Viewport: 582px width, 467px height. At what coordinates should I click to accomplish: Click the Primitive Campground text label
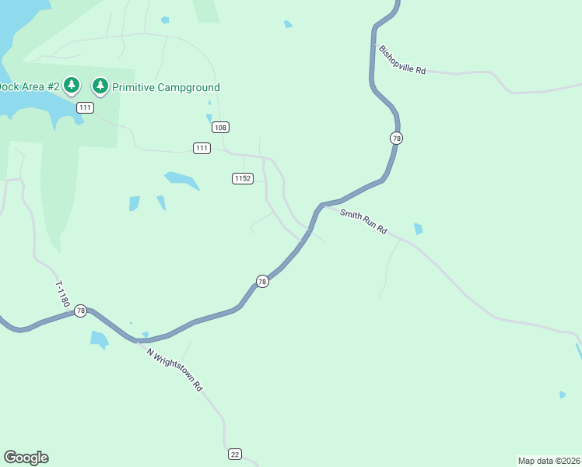coord(166,88)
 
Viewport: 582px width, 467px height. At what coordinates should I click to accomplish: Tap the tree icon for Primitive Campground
coord(100,85)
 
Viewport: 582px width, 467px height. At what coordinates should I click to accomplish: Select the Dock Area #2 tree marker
coord(72,84)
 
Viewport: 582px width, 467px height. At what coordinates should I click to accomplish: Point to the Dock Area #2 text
coord(29,87)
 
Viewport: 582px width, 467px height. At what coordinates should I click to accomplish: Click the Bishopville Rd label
coord(402,60)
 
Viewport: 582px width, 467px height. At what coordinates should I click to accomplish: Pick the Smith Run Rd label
coord(363,221)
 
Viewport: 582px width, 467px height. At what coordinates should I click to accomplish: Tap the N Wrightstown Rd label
coord(175,369)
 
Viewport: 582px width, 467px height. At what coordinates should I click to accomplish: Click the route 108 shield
coord(220,127)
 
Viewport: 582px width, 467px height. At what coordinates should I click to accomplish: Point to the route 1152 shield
coord(243,178)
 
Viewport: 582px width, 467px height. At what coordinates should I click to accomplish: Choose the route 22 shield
coord(235,454)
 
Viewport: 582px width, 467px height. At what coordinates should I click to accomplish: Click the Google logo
coord(26,458)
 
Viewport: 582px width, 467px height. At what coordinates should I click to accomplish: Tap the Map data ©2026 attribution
coord(549,461)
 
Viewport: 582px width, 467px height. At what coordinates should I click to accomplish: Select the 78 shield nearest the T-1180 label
coord(80,311)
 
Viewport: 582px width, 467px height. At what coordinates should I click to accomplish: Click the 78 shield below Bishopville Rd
coord(397,138)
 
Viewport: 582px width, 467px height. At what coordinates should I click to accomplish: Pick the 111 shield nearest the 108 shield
coord(202,148)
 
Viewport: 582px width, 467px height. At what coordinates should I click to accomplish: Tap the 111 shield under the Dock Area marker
coord(85,107)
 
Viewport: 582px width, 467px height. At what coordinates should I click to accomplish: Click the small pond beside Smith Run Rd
coord(419,229)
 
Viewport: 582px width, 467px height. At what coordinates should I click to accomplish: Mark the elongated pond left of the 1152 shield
coord(182,180)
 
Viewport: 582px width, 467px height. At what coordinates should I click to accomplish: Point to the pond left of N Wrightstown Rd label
coord(99,339)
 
